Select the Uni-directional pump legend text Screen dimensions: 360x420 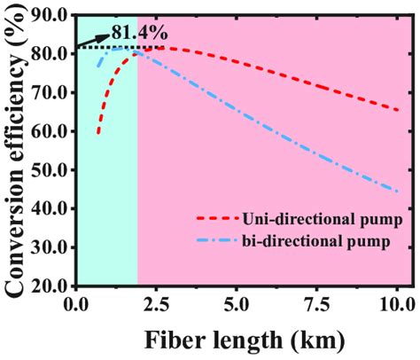pyautogui.click(x=315, y=219)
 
